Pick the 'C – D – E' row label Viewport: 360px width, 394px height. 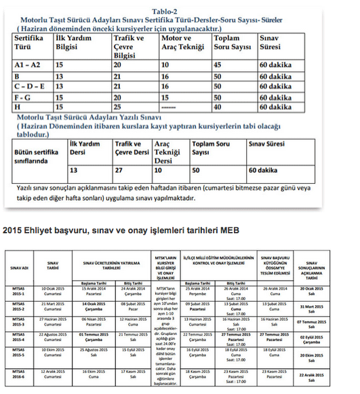31,87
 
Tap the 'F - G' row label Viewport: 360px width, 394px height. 25,98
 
